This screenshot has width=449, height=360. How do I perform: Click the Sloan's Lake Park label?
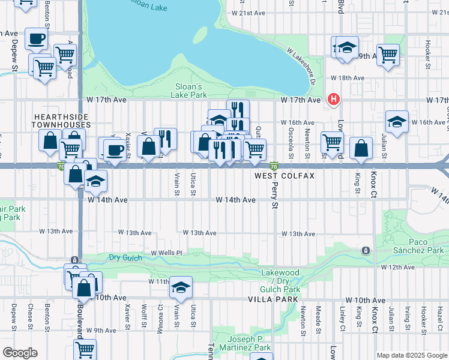tap(191, 91)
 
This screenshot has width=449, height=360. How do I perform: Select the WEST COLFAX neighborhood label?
tap(276, 176)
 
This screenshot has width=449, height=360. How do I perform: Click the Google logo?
tap(20, 353)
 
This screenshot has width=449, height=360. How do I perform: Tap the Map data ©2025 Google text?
tap(412, 355)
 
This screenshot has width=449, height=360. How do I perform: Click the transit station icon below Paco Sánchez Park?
tap(364, 250)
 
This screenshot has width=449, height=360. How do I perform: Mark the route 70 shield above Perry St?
tap(274, 166)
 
